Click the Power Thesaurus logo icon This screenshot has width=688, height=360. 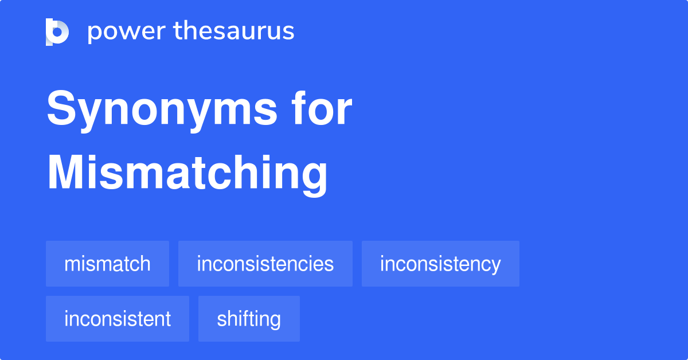[x=57, y=32]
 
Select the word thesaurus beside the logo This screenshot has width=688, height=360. [x=234, y=32]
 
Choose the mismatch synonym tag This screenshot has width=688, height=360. [x=107, y=264]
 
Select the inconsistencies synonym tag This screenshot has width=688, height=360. [x=265, y=264]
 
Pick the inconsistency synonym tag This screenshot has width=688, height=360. [x=440, y=264]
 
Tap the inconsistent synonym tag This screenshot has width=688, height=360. [x=118, y=319]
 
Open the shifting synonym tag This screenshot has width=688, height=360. [x=249, y=319]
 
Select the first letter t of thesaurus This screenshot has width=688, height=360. [x=177, y=32]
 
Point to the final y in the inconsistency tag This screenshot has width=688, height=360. [x=496, y=267]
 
